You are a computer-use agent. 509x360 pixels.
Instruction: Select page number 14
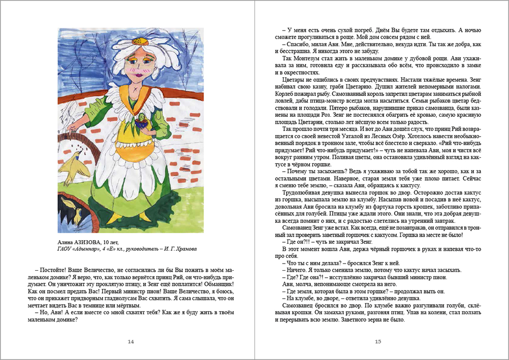click(x=131, y=342)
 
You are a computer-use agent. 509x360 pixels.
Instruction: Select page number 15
click(x=378, y=342)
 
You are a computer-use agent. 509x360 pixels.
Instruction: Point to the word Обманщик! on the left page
click(x=219, y=284)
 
